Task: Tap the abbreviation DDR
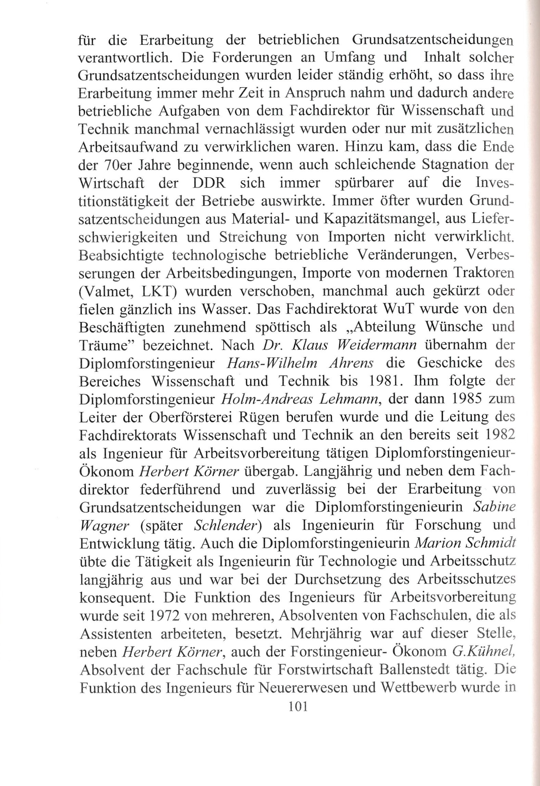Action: (x=208, y=183)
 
